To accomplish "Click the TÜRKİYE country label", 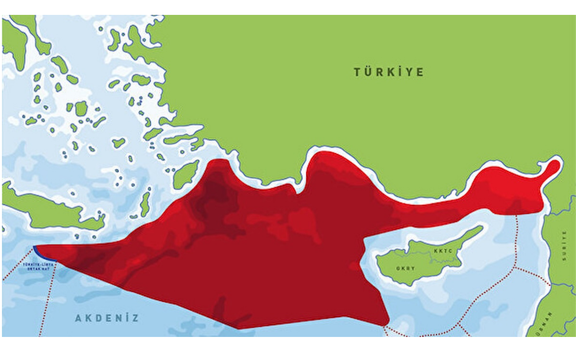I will coord(389,72).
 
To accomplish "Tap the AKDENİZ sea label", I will coord(107,318).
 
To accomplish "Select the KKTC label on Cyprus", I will coord(442,251).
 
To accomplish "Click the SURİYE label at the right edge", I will coord(564,245).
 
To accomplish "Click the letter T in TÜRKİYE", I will coord(357,72).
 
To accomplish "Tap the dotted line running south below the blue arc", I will coord(48,298).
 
